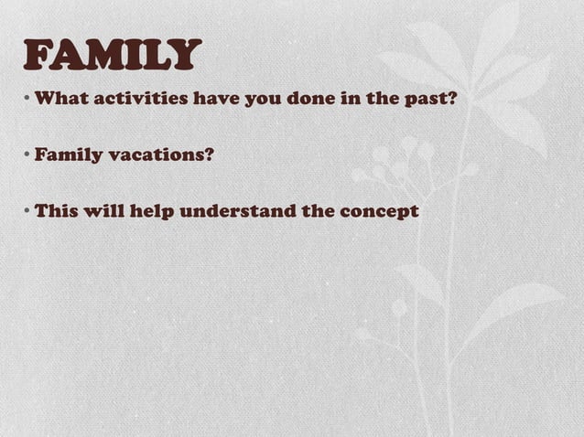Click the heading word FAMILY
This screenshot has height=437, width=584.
pos(112,55)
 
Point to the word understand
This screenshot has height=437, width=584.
pos(238,211)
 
